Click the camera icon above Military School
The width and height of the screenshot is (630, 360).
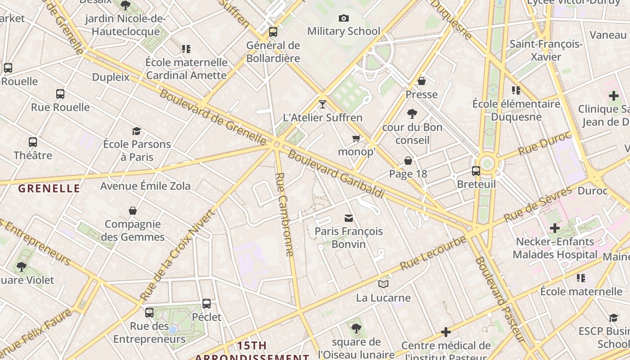tap(344, 18)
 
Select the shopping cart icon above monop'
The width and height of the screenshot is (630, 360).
tap(356, 139)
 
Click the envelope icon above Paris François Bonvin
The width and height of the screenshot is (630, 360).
tap(349, 218)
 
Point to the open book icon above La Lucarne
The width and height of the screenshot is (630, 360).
tap(383, 284)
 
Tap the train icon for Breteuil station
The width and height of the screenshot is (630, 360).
tap(476, 171)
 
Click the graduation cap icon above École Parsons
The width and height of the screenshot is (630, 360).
tap(136, 131)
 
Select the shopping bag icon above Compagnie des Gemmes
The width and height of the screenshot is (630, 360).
tap(133, 211)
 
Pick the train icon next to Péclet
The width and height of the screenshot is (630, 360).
tap(207, 304)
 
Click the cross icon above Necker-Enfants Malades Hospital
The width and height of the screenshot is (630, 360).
tap(555, 228)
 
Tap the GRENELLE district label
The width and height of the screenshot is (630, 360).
tap(49, 189)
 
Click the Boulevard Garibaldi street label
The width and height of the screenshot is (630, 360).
tap(336, 174)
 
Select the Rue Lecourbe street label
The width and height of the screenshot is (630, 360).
tap(432, 253)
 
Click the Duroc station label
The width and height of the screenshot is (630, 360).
tap(592, 191)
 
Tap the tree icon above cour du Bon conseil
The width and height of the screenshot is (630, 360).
tap(412, 114)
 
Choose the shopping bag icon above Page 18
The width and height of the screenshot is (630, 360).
tap(408, 161)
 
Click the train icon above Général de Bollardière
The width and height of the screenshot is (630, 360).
tap(273, 32)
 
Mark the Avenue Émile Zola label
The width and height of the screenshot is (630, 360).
tap(145, 186)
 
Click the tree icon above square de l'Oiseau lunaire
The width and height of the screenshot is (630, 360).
tap(356, 328)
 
